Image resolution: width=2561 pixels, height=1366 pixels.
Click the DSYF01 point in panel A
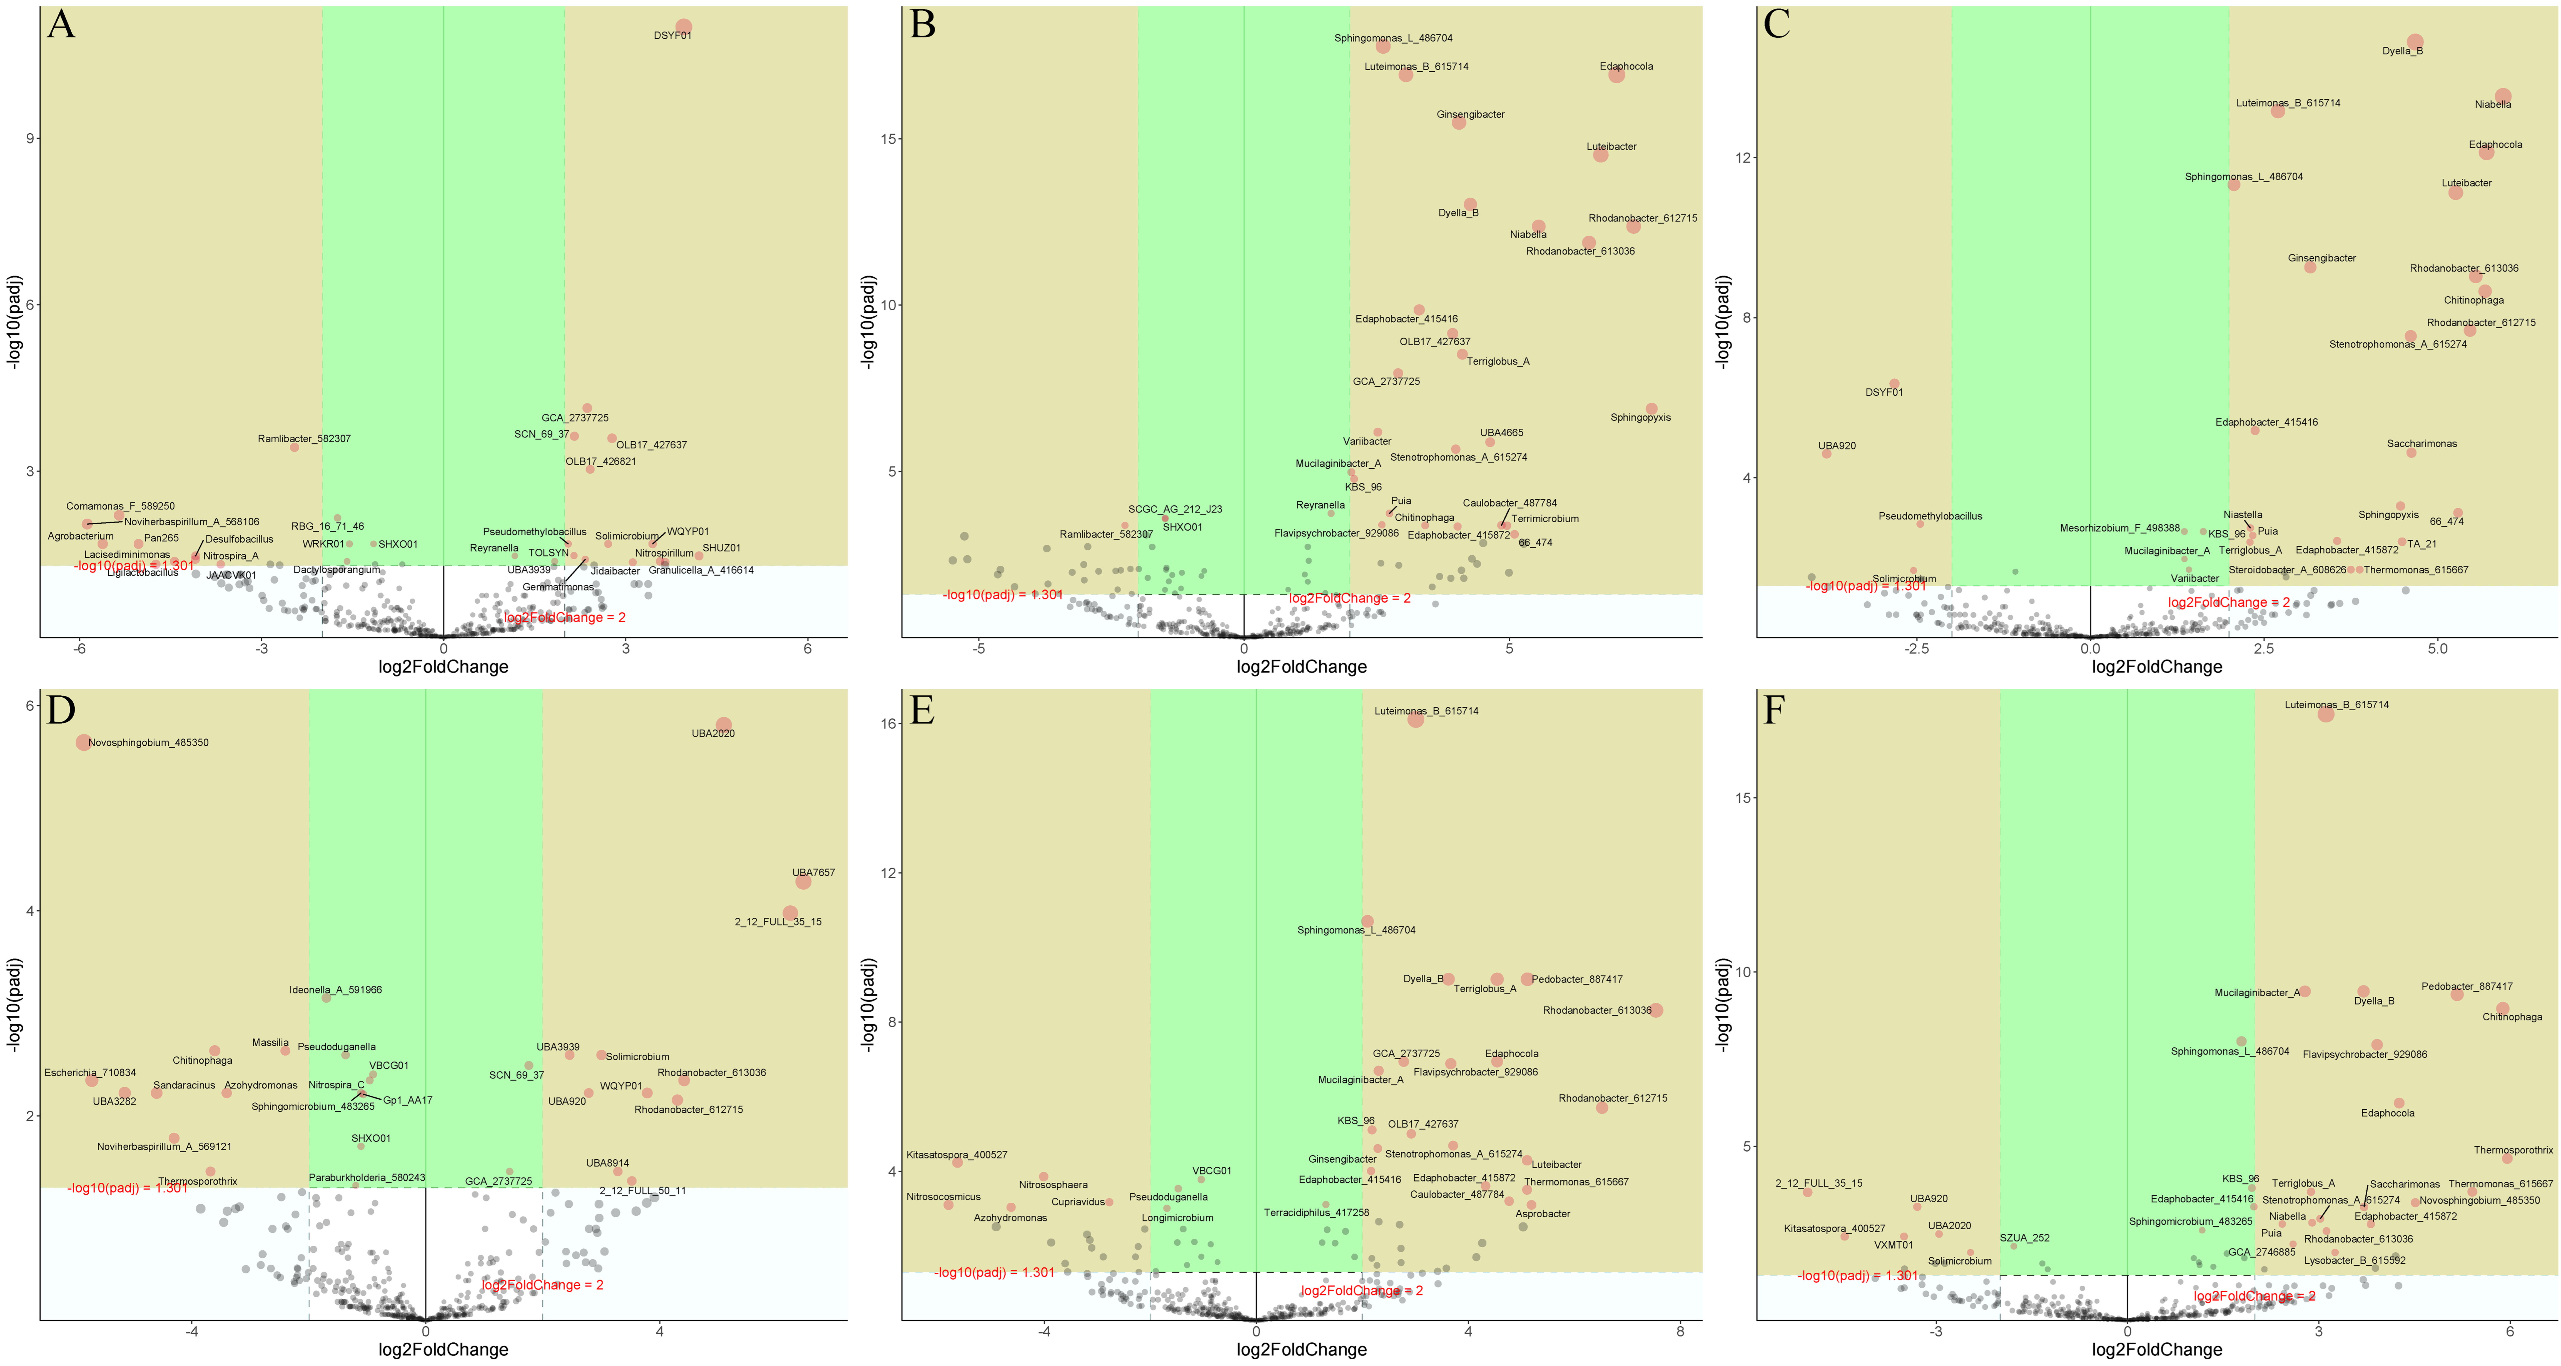[683, 27]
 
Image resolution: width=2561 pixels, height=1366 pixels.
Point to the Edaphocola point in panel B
[1616, 74]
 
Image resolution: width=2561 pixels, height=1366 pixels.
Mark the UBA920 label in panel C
[1837, 445]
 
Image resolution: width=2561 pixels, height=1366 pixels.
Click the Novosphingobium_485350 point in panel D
[84, 742]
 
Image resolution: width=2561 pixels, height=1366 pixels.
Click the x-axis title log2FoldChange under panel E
[1301, 1349]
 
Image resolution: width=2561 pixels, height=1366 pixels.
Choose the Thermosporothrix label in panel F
[2513, 1150]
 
